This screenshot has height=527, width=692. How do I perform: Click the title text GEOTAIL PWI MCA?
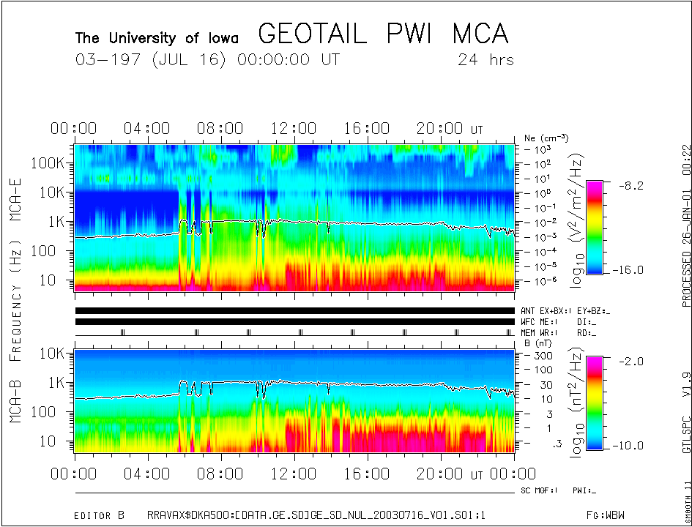tap(383, 34)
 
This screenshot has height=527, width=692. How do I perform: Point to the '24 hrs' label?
tap(485, 60)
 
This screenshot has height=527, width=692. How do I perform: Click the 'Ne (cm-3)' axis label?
tap(546, 138)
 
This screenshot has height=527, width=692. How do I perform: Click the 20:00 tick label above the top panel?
tap(440, 129)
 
